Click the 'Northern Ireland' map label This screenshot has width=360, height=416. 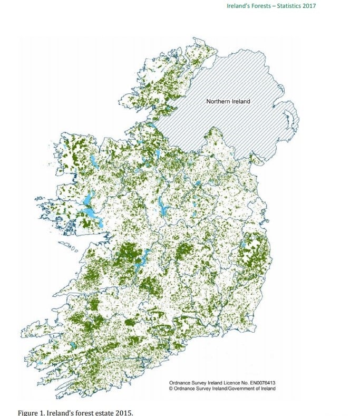[228, 101]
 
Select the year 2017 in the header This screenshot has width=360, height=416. [311, 6]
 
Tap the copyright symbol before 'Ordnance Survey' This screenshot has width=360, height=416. [171, 389]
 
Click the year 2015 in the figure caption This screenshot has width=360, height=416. [124, 412]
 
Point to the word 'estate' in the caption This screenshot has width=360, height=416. [103, 412]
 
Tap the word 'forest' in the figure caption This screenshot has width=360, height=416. [83, 412]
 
